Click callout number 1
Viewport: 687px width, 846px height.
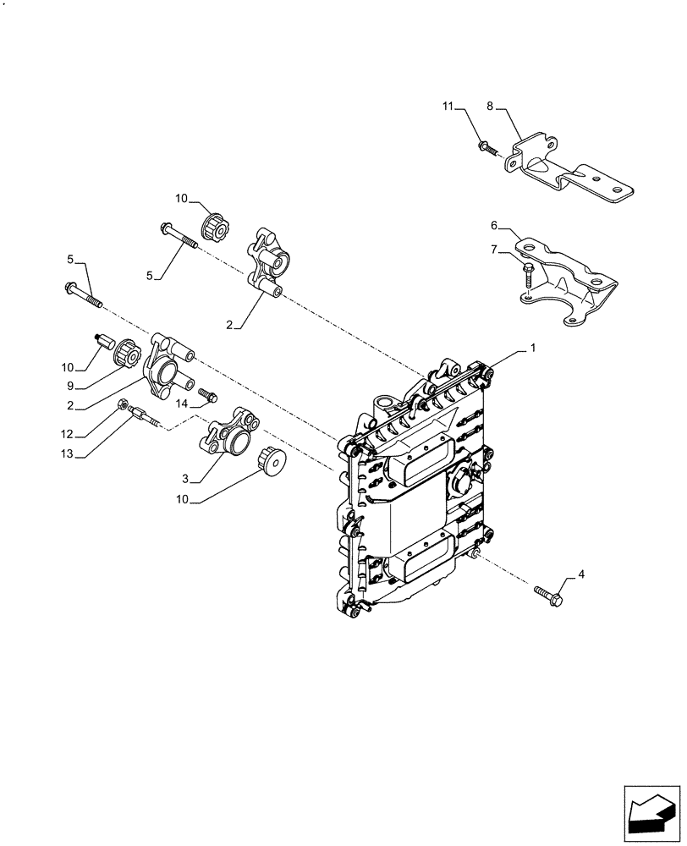tap(532, 348)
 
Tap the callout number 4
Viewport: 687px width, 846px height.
tap(580, 575)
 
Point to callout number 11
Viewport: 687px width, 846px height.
tap(448, 107)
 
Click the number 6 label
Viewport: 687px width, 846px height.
tap(494, 226)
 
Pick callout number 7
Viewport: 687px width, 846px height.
tap(494, 250)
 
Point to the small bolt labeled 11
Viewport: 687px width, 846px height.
tap(485, 149)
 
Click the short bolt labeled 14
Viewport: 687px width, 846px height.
tap(207, 394)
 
